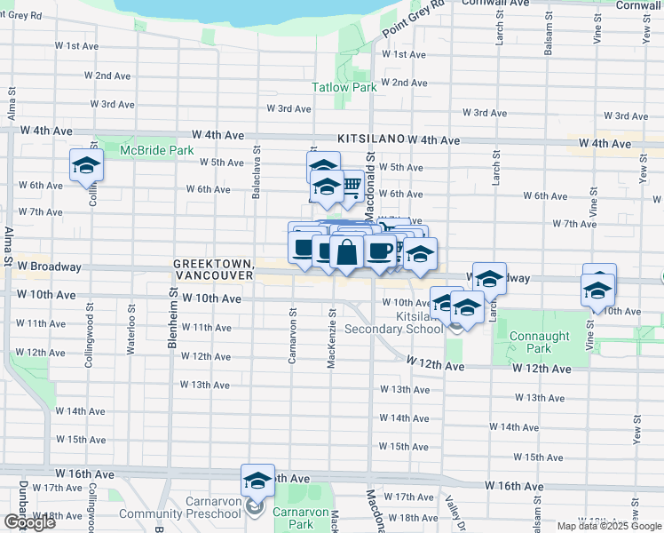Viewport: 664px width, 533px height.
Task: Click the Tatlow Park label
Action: click(x=344, y=87)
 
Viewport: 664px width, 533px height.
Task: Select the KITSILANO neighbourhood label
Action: click(x=370, y=139)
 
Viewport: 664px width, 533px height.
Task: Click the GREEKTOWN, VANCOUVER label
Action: click(x=214, y=270)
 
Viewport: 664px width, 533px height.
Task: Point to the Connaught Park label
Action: click(x=532, y=342)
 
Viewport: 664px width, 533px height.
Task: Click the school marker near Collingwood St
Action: click(x=87, y=165)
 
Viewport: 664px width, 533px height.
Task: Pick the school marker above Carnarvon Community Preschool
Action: click(x=257, y=481)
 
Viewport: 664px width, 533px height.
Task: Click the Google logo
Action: click(x=28, y=522)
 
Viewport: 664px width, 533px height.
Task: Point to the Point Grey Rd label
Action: click(x=413, y=24)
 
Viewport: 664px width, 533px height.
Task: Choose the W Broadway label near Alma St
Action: click(x=45, y=266)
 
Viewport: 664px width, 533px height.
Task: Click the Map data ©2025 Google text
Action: click(x=609, y=526)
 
